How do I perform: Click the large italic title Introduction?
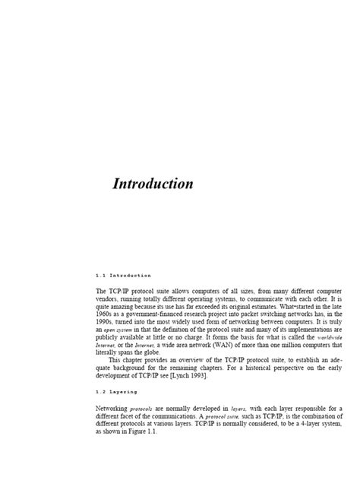click(x=153, y=184)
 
